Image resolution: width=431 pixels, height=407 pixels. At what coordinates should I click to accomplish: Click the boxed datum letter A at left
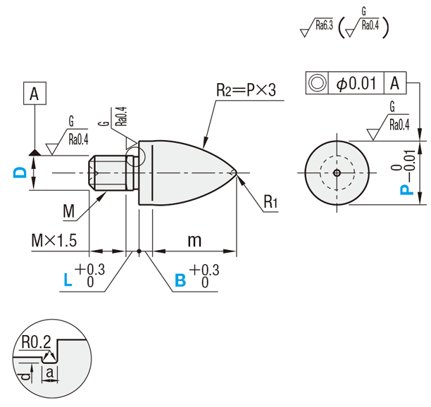coord(35,92)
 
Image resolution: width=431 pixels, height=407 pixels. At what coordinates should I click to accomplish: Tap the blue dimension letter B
coord(180,280)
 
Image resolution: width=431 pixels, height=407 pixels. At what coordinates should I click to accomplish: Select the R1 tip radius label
coord(271,203)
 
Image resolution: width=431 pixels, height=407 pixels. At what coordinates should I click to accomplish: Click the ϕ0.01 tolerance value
coord(357,83)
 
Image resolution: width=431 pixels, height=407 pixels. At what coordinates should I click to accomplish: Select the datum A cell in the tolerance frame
coord(395,83)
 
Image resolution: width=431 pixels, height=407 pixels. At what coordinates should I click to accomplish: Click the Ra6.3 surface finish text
coord(324,26)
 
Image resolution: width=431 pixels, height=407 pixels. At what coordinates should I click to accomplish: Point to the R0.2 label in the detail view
coord(35,342)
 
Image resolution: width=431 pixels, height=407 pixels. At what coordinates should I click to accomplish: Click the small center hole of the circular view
coord(337,172)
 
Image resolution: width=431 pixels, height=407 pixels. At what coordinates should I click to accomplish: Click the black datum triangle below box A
coord(34,151)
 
